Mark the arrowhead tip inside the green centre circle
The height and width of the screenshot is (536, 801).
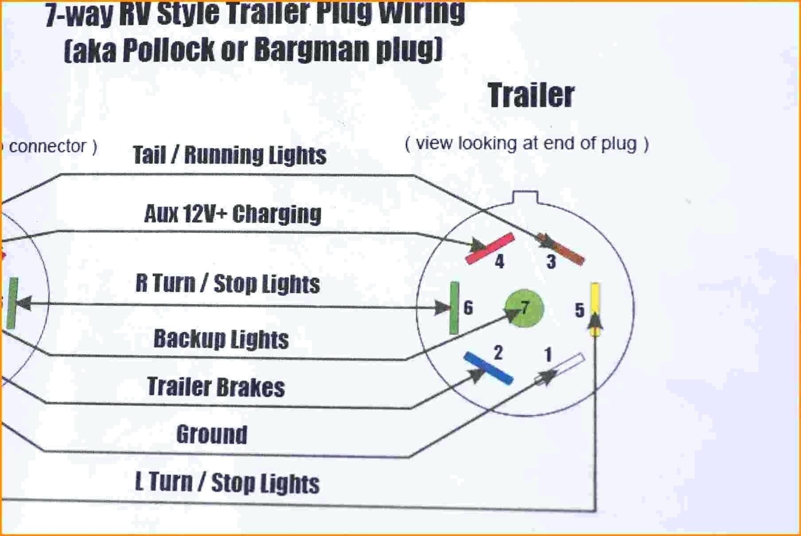[521, 310]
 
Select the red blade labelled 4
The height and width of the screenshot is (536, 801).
[490, 249]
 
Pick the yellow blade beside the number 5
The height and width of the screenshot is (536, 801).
[595, 309]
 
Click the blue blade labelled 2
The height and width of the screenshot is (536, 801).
[488, 368]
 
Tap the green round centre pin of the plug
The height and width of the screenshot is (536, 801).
[524, 308]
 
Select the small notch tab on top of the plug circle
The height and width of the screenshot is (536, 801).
[525, 197]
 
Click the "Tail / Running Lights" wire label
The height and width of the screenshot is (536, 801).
[229, 155]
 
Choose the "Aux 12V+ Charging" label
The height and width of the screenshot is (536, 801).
[233, 214]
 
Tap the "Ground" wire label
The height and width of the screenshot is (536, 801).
[212, 434]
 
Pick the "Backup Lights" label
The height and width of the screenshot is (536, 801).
[221, 339]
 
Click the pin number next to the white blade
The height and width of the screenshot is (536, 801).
[548, 354]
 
